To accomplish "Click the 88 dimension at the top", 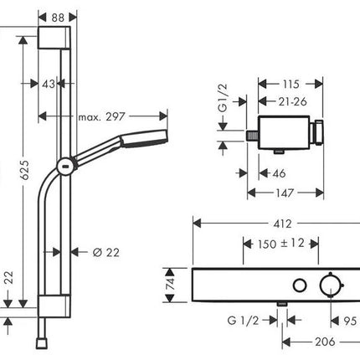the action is click(x=58, y=18).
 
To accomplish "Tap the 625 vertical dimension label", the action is click(x=24, y=170).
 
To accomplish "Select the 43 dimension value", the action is click(x=49, y=84).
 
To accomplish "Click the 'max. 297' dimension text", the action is click(x=101, y=116).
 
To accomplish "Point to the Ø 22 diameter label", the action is click(x=106, y=253).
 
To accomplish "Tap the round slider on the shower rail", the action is click(x=66, y=167).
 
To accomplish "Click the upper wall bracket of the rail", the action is click(x=54, y=38).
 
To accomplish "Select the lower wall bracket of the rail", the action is click(x=54, y=306).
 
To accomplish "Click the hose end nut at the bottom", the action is click(x=43, y=343).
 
